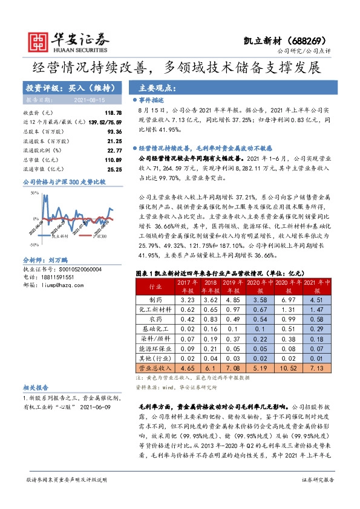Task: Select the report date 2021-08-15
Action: click(x=89, y=99)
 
